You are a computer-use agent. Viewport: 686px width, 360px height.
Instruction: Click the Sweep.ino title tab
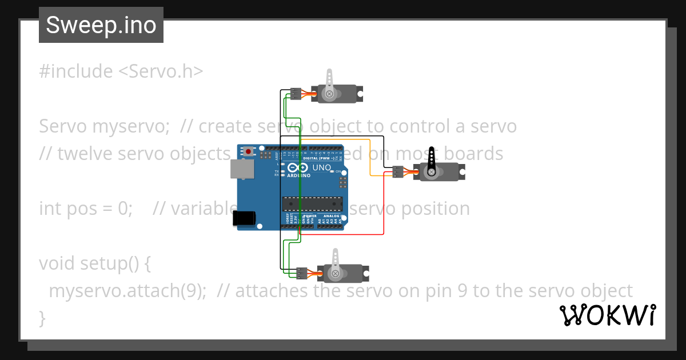pyautogui.click(x=101, y=25)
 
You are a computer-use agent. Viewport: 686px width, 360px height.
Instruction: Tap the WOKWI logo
pyautogui.click(x=607, y=315)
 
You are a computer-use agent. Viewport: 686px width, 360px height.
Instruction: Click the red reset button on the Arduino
pyautogui.click(x=249, y=151)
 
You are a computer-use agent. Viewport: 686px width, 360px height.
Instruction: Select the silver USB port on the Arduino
pyautogui.click(x=241, y=169)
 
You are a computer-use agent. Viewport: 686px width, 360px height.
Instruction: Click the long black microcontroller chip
pyautogui.click(x=313, y=203)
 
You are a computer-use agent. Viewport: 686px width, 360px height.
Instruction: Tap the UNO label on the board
pyautogui.click(x=322, y=167)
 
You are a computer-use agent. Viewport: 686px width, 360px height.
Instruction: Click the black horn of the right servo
pyautogui.click(x=432, y=160)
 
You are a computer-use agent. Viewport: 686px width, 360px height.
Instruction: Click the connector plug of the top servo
pyautogui.click(x=296, y=94)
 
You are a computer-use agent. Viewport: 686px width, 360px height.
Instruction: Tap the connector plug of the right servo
pyautogui.click(x=398, y=171)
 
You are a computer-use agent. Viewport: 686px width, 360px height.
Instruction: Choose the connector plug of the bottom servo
pyautogui.click(x=302, y=273)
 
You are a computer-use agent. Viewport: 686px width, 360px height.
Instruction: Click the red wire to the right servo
pyautogui.click(x=383, y=206)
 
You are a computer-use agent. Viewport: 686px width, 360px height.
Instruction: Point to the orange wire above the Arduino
pyautogui.click(x=343, y=139)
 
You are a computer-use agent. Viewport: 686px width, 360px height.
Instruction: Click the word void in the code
pyautogui.click(x=57, y=263)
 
